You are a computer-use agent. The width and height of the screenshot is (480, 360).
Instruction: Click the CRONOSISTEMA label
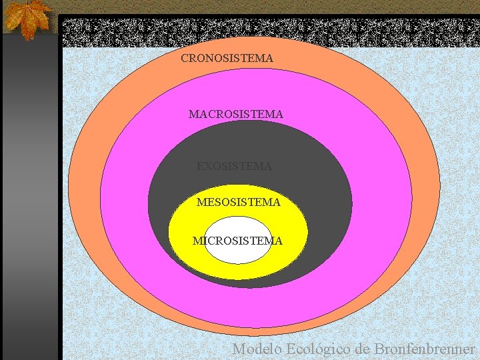tap(227, 59)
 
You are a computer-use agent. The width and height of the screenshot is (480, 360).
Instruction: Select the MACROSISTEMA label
tap(236, 115)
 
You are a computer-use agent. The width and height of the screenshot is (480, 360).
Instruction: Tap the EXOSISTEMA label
tap(234, 166)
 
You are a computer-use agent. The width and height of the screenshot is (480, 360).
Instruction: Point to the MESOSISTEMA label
tap(238, 201)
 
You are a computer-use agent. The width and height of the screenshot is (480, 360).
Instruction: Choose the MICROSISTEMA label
tap(237, 241)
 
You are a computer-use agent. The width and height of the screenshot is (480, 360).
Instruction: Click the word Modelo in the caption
tap(257, 349)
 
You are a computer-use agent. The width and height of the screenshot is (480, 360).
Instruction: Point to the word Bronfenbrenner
tap(425, 349)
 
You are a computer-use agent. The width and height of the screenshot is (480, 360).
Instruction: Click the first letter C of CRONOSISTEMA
tap(185, 59)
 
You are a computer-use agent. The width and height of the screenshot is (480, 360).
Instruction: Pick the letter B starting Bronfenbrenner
tap(380, 349)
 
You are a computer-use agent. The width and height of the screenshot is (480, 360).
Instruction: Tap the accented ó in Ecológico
tap(317, 349)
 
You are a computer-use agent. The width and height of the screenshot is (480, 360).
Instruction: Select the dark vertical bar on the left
tap(30, 200)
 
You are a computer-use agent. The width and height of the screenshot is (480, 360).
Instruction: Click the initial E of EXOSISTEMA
tap(200, 166)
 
